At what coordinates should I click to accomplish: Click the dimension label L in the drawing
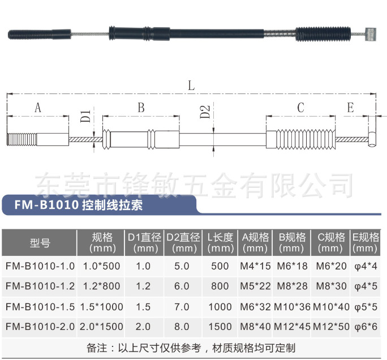pos(191,86)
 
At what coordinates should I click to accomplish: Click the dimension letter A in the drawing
pos(38,108)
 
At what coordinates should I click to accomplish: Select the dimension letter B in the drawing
pos(141,108)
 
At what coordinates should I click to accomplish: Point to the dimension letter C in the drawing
pos(300,108)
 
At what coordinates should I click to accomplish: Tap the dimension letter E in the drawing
pos(350,108)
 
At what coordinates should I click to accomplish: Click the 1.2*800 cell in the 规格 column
pos(102,286)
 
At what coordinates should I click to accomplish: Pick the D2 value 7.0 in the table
pos(182,306)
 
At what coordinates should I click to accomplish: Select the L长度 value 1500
pos(220,326)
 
